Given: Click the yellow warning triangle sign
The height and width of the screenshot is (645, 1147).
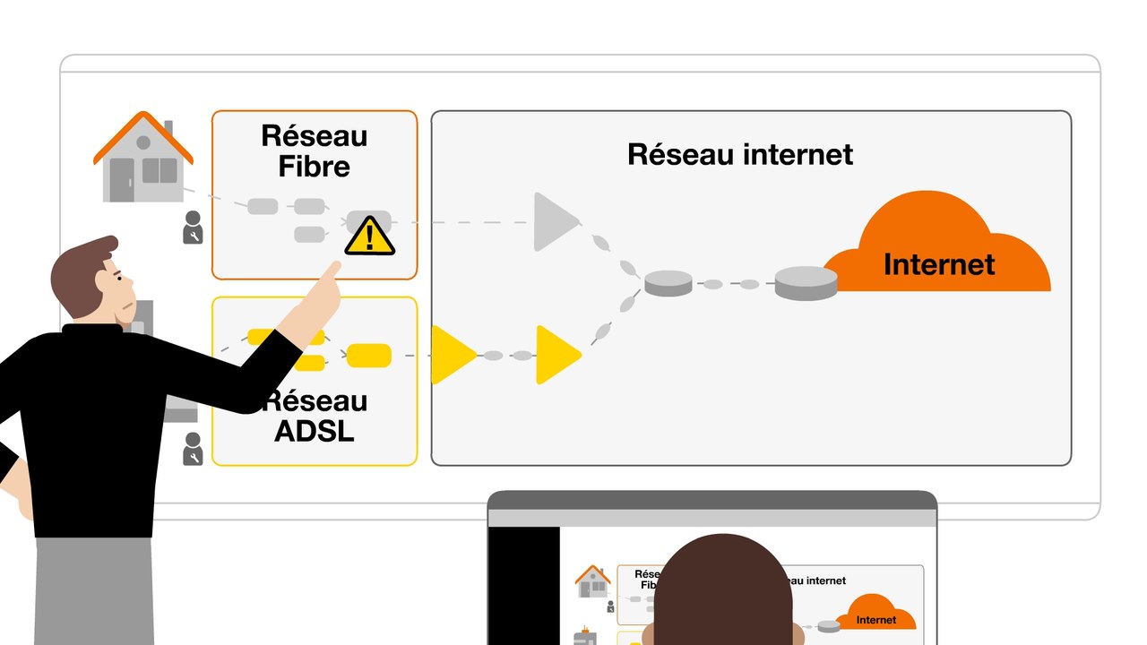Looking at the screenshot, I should tap(369, 236).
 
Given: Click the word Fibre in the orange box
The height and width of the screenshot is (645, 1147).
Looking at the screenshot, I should tap(314, 167).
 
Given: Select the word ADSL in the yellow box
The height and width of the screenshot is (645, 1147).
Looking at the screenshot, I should tap(314, 431).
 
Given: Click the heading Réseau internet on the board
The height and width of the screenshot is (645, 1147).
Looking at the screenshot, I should tap(739, 154).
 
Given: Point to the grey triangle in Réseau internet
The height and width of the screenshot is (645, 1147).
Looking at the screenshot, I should tap(553, 221).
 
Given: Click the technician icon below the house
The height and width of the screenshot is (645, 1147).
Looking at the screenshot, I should tap(193, 228).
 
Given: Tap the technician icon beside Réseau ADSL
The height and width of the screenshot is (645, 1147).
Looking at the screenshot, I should tap(193, 448).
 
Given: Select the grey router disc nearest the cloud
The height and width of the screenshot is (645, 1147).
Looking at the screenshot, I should tap(806, 282).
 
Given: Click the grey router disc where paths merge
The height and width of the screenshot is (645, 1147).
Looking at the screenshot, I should tap(668, 283).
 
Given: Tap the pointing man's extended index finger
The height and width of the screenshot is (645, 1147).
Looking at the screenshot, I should tap(332, 271).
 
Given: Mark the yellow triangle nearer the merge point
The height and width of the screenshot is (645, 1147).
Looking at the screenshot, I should tap(556, 355).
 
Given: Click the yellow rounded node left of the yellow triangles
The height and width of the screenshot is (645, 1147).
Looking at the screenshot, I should tap(368, 356).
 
